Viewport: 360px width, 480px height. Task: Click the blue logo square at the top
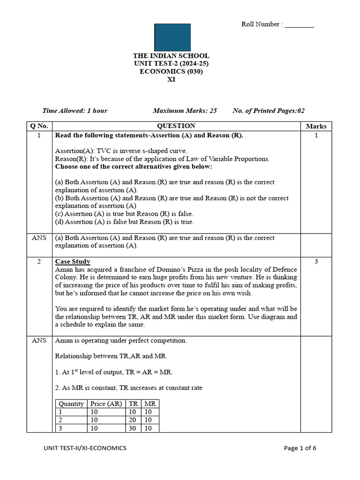tap(172, 37)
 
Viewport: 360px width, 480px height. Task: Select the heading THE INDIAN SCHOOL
tap(171, 56)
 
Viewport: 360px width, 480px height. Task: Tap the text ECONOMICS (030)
tap(171, 72)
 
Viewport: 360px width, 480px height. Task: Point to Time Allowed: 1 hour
tap(75, 111)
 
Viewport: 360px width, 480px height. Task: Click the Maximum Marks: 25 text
tap(185, 111)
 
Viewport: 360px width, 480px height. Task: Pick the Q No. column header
tap(39, 126)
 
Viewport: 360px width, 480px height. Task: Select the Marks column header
tap(316, 126)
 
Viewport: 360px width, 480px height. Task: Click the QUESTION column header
tap(176, 126)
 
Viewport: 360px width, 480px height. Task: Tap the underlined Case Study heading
tap(73, 262)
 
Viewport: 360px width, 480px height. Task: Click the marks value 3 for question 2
tap(316, 262)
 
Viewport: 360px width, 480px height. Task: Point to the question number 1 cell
tap(39, 135)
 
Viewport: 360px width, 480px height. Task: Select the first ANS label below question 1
tap(39, 238)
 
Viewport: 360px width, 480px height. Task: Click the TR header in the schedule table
tap(134, 404)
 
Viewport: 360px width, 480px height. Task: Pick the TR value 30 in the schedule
tap(134, 428)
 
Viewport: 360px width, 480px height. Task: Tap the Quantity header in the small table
tap(71, 404)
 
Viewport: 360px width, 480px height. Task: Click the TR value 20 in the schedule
tap(134, 420)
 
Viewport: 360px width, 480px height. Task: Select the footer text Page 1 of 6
tap(300, 448)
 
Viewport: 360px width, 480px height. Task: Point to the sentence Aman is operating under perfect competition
tap(121, 341)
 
